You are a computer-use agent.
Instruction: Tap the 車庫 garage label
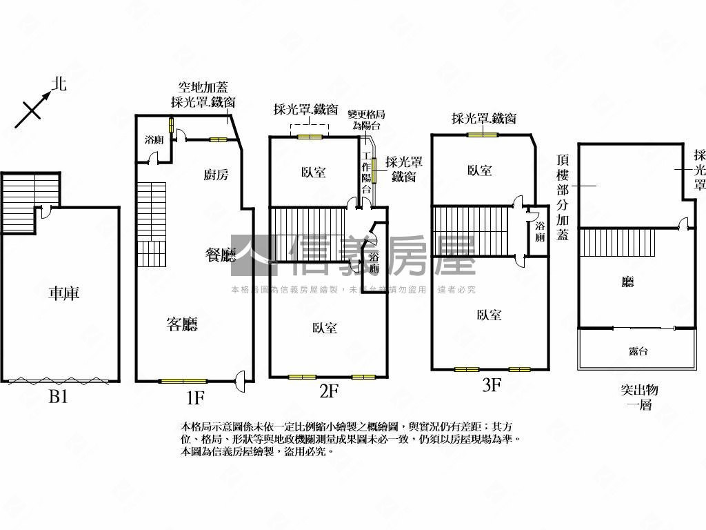[64, 293]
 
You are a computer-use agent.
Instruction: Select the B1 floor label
[58, 397]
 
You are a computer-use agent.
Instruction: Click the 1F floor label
[195, 397]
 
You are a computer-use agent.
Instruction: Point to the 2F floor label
[329, 391]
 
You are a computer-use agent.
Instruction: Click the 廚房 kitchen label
[216, 175]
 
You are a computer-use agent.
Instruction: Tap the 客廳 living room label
[182, 324]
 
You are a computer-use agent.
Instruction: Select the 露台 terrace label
[638, 351]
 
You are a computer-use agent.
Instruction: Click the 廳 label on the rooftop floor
[627, 282]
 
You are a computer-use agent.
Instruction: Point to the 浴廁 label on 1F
[154, 140]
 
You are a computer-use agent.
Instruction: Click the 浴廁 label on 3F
[540, 231]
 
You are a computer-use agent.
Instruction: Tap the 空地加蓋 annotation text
[203, 88]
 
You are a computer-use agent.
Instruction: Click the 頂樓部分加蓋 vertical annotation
[562, 196]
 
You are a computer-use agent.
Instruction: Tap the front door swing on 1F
[241, 379]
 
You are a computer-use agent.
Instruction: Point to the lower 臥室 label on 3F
[489, 315]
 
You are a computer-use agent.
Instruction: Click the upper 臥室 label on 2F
[314, 173]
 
